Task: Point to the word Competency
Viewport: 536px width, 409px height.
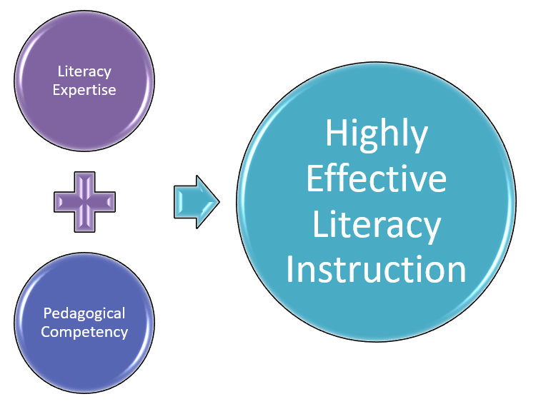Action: coord(84,332)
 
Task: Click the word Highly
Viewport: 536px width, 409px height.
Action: coord(376,134)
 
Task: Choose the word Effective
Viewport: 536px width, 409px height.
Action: coord(376,178)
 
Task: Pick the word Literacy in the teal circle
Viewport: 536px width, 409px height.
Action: coord(376,225)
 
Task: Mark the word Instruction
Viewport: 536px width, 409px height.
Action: coord(376,270)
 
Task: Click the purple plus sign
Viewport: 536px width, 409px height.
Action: coord(84,202)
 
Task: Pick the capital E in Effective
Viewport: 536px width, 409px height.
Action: coord(314,178)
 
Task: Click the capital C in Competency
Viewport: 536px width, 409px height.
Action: coord(45,332)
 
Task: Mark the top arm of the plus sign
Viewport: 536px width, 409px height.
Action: coord(84,183)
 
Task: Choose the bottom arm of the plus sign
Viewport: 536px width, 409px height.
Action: coord(84,221)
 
